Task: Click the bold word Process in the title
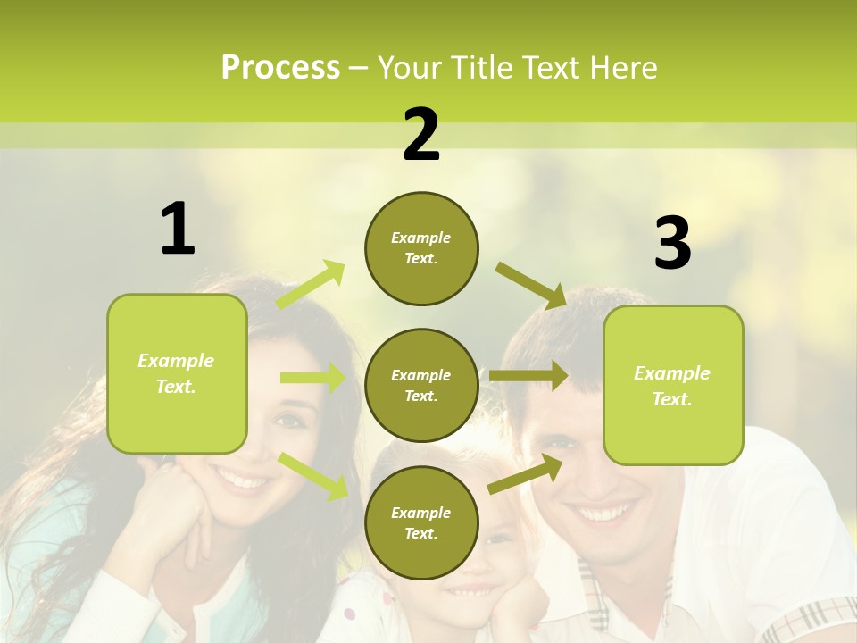click(x=280, y=68)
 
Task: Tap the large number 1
click(x=178, y=230)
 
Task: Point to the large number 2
click(x=421, y=135)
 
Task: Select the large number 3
click(x=672, y=243)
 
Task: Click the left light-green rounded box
click(x=177, y=373)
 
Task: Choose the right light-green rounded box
click(x=673, y=386)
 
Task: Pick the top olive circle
click(x=421, y=248)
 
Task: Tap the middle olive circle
click(x=421, y=385)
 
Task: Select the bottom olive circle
click(x=421, y=522)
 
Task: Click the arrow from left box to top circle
click(x=311, y=285)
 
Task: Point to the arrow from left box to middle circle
click(x=312, y=378)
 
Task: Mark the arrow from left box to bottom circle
click(x=312, y=475)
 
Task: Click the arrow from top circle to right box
click(x=531, y=285)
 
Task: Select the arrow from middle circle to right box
click(x=528, y=376)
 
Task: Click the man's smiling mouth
click(x=604, y=514)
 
